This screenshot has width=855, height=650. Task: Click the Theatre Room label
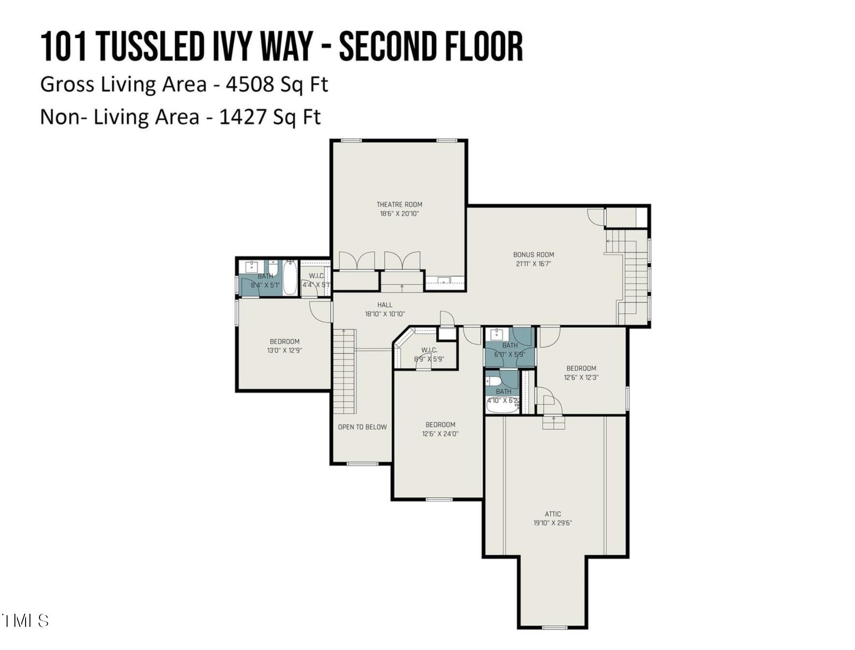click(399, 204)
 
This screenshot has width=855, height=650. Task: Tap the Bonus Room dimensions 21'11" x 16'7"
click(533, 264)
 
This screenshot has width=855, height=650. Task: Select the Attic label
click(553, 514)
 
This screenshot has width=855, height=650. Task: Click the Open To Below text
click(362, 427)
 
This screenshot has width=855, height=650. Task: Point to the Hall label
click(385, 305)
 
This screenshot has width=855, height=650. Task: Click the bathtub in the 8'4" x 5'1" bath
click(290, 278)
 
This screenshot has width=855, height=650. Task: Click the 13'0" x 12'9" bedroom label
click(285, 341)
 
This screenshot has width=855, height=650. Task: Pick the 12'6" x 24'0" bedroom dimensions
click(440, 434)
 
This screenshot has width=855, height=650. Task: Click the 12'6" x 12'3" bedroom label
click(581, 368)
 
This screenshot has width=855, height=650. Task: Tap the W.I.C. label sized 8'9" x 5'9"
click(429, 350)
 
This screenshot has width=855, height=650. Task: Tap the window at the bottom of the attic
click(554, 627)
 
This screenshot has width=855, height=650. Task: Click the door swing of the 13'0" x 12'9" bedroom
click(319, 311)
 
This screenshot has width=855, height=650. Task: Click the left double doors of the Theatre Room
click(356, 261)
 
